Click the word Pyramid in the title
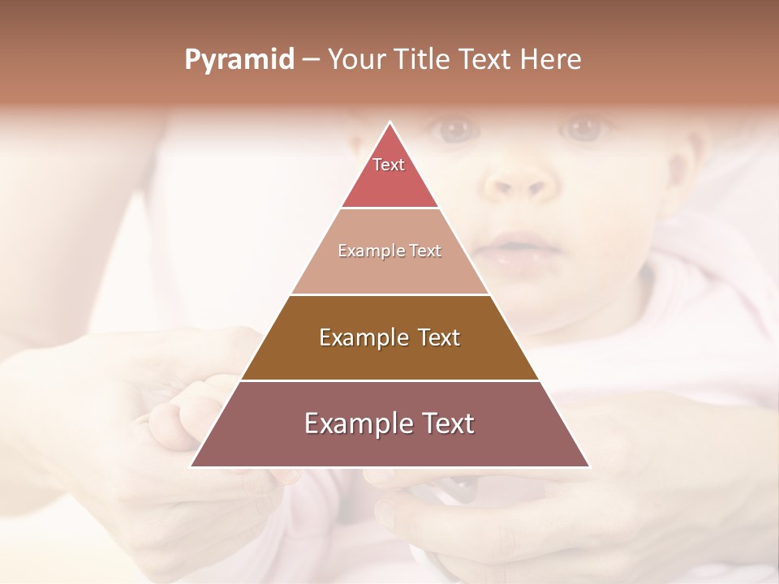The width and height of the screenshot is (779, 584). [239, 60]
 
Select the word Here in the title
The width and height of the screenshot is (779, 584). [550, 59]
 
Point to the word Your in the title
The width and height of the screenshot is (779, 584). [355, 59]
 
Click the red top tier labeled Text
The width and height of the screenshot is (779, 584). [389, 174]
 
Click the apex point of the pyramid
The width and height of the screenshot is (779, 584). [390, 123]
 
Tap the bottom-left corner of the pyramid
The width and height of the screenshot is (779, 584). [192, 466]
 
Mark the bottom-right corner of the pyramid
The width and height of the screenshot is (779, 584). [588, 466]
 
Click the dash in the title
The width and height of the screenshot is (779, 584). [310, 60]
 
